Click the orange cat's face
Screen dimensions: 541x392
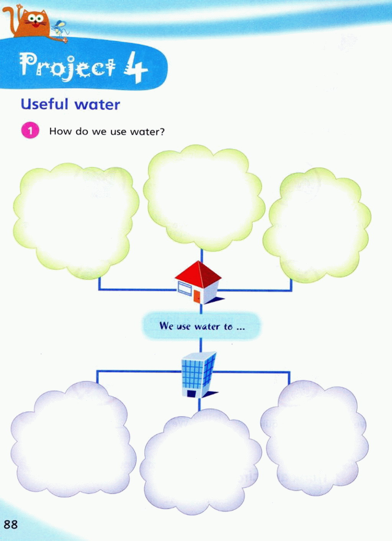point(36,21)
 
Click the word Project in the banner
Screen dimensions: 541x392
point(67,66)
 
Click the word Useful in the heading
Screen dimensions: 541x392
point(44,104)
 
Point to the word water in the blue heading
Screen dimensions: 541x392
point(97,105)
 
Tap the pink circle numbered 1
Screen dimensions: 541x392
point(30,130)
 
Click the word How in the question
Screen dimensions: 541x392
point(60,132)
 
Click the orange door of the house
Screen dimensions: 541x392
point(197,296)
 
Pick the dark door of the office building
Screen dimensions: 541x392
point(191,393)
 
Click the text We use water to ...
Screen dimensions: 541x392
point(202,326)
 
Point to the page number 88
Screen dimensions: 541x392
point(11,524)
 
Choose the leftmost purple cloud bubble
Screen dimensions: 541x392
point(73,440)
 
